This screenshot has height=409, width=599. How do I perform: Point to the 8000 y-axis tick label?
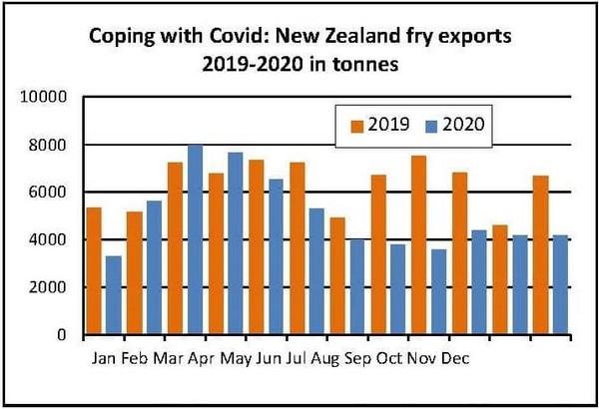[x=46, y=146]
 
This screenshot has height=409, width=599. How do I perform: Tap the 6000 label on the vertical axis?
[x=46, y=193]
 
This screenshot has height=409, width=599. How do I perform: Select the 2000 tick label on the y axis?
[x=46, y=287]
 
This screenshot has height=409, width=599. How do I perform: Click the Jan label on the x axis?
[x=101, y=357]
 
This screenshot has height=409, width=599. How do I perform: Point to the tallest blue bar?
[x=196, y=239]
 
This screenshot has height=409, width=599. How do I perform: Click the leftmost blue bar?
[x=115, y=295]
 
